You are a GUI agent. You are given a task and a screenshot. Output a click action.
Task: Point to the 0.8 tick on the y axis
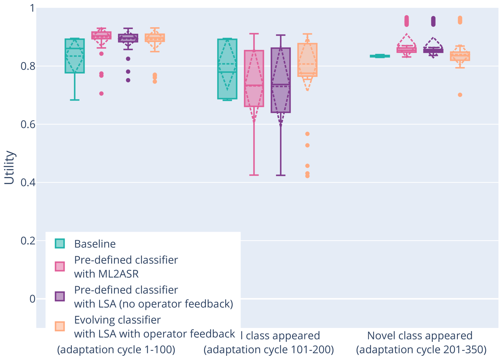(28, 66)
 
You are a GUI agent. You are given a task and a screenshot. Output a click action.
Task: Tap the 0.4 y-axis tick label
(28, 182)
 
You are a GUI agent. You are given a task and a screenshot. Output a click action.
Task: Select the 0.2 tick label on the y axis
(28, 241)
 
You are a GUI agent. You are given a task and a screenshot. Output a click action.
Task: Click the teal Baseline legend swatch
(60, 244)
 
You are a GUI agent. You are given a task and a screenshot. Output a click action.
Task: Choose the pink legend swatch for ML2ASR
(60, 267)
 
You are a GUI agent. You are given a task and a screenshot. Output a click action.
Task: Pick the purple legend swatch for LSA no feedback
(60, 296)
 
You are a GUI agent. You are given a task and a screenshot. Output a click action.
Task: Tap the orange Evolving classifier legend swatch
(60, 326)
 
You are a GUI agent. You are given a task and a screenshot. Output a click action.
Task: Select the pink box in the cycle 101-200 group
(254, 78)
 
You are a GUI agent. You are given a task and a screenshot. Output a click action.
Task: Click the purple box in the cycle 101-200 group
(280, 80)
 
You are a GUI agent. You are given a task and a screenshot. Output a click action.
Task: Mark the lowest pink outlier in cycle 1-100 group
(102, 93)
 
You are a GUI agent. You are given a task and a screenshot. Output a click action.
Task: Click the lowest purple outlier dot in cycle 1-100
(128, 80)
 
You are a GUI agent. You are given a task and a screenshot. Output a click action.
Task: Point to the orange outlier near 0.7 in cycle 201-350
(460, 95)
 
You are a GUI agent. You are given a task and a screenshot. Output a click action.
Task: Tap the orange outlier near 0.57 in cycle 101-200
(307, 134)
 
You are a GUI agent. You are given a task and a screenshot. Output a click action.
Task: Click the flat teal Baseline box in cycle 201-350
(380, 56)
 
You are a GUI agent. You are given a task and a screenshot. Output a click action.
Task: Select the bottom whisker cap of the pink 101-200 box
(254, 175)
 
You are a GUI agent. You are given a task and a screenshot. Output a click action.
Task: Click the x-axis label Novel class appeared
(420, 335)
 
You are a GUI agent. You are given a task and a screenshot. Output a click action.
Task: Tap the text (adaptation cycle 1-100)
(116, 350)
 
